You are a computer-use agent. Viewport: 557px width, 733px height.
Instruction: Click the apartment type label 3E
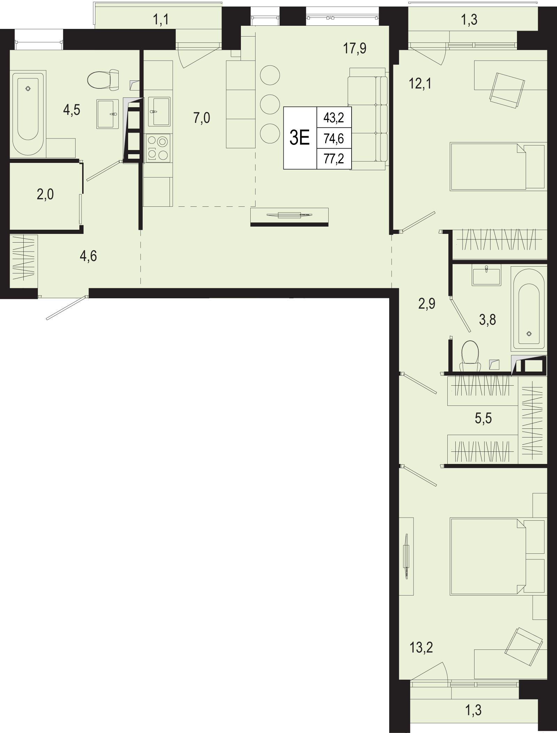click(x=300, y=138)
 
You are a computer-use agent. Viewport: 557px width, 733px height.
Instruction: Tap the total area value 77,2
click(x=334, y=159)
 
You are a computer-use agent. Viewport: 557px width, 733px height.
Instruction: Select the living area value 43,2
click(x=334, y=118)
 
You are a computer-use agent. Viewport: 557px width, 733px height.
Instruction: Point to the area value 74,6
click(x=334, y=139)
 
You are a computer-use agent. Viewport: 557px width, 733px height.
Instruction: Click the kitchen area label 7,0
click(x=202, y=118)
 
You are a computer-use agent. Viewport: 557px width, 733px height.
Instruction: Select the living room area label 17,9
click(x=355, y=48)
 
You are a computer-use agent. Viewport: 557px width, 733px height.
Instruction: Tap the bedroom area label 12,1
click(x=420, y=84)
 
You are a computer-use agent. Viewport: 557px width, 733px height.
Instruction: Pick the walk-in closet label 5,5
click(x=483, y=418)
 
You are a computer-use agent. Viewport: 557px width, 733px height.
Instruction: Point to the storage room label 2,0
click(x=45, y=195)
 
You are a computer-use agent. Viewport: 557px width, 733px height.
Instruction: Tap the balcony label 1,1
click(x=161, y=20)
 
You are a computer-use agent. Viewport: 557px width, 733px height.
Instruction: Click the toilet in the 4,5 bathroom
click(x=103, y=80)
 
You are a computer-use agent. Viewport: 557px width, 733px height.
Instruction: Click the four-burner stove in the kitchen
click(x=159, y=148)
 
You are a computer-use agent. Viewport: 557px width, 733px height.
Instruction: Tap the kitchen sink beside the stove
click(x=159, y=111)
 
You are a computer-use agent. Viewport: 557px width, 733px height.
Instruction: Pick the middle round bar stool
click(x=270, y=103)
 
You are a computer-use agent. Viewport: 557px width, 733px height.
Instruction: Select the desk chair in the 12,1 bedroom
click(x=507, y=90)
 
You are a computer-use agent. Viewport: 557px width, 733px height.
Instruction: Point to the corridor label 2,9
click(x=427, y=304)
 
